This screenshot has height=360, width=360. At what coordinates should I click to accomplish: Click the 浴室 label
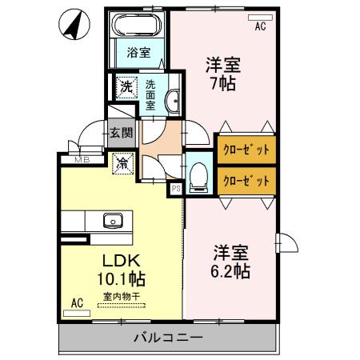tap(138, 54)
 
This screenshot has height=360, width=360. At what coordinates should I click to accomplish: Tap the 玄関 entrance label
tap(121, 134)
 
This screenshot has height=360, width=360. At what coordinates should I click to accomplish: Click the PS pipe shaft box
tap(175, 189)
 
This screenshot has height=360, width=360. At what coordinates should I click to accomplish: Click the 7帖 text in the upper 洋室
tap(223, 82)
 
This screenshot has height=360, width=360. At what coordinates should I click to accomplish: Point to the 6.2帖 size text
tap(231, 271)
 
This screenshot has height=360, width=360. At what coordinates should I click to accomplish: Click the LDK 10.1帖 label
tap(122, 270)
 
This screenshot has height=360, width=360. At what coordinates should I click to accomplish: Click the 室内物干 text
tap(122, 297)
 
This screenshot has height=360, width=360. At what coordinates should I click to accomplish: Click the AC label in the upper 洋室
tap(260, 26)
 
